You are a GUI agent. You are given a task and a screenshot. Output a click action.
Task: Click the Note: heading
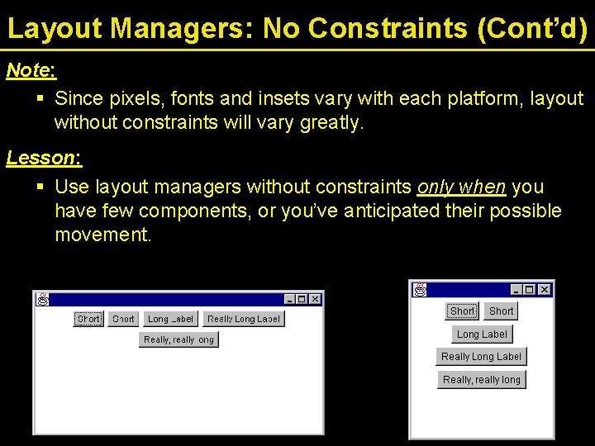coord(31,70)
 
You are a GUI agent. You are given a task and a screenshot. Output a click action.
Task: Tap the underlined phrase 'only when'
coord(462,187)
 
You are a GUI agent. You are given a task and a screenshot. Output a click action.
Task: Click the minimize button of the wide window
coord(289,299)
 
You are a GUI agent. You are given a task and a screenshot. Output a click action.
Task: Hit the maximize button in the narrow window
coord(530,290)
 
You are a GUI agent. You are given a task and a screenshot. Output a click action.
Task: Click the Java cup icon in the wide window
coord(42,299)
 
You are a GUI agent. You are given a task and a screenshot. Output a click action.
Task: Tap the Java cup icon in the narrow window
coord(421,290)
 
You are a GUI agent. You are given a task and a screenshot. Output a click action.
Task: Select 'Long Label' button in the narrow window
coord(482,334)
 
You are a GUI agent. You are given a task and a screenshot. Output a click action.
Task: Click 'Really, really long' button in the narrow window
coord(481,380)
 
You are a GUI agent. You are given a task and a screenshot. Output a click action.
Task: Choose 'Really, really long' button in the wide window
coord(178,339)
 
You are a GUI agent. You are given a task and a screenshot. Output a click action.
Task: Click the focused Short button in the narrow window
coord(462,311)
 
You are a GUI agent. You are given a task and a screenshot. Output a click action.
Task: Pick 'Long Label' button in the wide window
coord(170,319)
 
